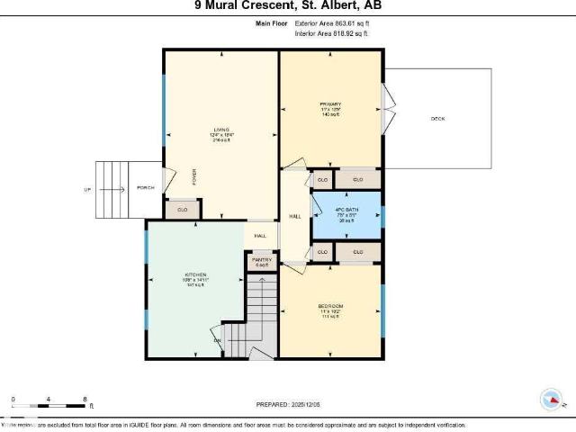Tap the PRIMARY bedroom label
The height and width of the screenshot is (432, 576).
329,105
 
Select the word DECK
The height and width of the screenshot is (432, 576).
437,119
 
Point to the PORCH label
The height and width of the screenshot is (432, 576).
144,188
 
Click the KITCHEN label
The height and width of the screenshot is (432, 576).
196,274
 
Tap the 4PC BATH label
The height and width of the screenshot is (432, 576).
347,209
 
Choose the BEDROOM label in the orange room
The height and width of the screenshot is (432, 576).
330,306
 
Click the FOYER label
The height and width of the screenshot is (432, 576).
193,174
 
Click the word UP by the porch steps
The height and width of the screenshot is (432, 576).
87,189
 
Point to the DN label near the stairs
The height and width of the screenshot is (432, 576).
216,340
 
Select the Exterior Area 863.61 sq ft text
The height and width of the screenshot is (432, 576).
332,24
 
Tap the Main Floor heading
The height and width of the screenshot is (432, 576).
270,24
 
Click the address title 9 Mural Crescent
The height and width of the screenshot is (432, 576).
287,5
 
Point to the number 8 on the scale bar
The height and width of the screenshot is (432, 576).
84,398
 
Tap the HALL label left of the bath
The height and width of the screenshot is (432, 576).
294,217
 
